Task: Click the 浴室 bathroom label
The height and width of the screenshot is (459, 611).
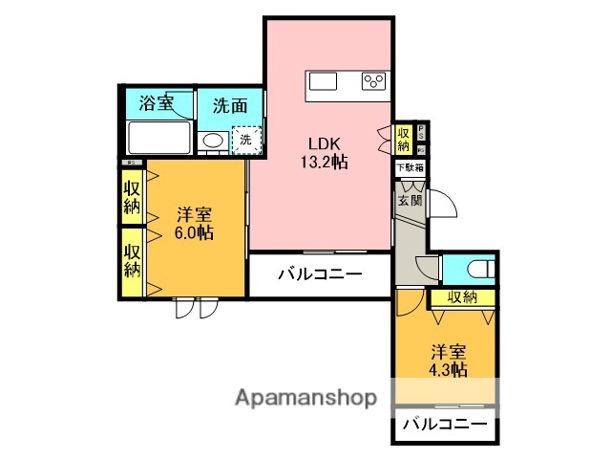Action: tap(157, 103)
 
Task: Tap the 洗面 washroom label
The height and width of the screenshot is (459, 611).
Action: tap(229, 104)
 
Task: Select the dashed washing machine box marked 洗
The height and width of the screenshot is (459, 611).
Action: tap(246, 140)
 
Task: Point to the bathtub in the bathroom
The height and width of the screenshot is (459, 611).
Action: tap(158, 141)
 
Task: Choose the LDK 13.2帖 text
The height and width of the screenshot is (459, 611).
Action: tap(324, 151)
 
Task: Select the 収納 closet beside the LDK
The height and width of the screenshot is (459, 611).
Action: tap(404, 139)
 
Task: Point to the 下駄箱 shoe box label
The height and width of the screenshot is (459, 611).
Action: tap(411, 167)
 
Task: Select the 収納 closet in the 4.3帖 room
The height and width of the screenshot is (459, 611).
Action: tap(462, 297)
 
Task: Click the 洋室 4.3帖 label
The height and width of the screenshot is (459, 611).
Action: tap(448, 360)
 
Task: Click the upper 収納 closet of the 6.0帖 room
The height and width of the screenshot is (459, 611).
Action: tap(132, 195)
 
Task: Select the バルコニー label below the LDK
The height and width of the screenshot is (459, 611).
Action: tap(320, 275)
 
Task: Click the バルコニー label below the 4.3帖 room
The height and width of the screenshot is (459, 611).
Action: tap(444, 424)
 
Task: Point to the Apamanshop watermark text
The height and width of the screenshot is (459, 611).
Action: tap(306, 397)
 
